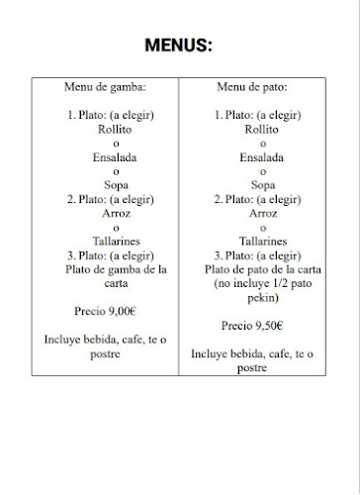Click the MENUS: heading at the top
pos(179,45)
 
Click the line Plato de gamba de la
pos(117,267)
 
